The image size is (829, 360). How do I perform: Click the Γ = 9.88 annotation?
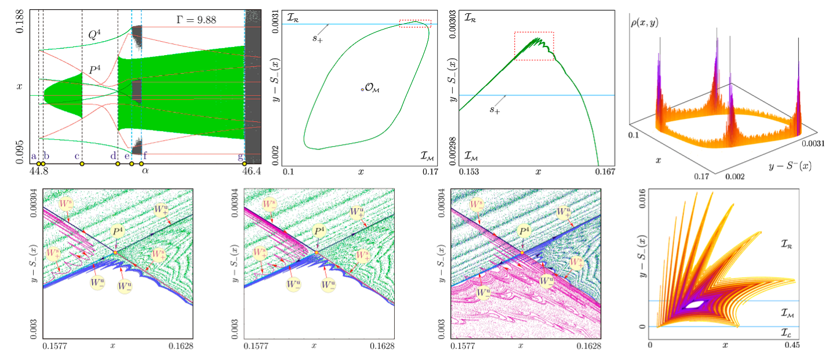coord(196,20)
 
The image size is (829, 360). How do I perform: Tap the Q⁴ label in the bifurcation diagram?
coord(96,35)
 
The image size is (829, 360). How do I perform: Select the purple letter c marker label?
coord(77,155)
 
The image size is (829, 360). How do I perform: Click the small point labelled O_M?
coord(362,89)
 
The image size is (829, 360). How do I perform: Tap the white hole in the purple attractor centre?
coord(693,304)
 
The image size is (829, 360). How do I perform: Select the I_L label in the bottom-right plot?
coord(785,333)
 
